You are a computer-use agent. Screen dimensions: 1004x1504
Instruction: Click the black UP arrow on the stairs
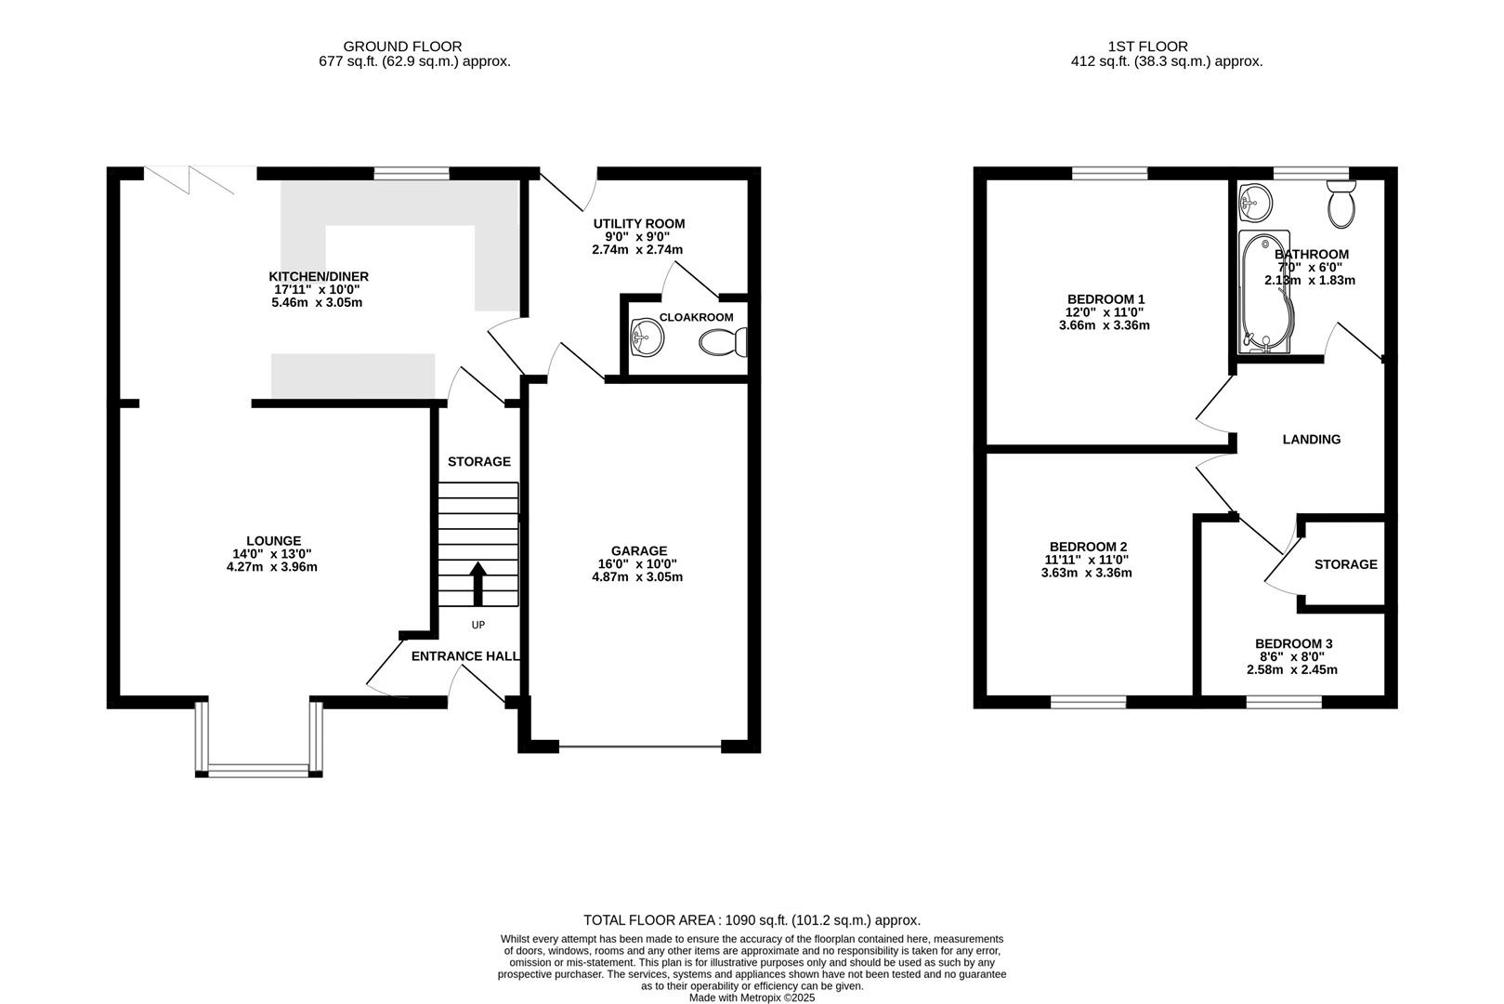[479, 584]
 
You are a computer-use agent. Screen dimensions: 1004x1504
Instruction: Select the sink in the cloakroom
[646, 337]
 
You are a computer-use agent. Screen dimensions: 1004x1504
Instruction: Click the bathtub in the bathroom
[1265, 293]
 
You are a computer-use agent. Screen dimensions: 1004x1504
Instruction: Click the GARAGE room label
[638, 551]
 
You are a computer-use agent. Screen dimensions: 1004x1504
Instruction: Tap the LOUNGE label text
[273, 541]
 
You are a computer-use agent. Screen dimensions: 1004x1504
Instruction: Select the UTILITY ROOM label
[639, 224]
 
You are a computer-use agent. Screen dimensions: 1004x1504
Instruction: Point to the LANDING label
[1311, 440]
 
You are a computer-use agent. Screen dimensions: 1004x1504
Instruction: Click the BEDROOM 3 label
[1293, 644]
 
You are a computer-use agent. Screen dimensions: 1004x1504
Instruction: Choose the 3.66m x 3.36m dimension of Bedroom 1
[1104, 325]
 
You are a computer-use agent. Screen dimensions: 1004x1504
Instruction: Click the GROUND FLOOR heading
[402, 46]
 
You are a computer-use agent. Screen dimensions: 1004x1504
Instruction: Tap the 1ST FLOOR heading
[1147, 46]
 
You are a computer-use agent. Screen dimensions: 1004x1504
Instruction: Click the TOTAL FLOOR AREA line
[752, 920]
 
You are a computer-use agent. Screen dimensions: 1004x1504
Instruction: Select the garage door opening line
[639, 746]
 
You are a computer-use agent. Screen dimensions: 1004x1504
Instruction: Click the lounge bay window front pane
[258, 769]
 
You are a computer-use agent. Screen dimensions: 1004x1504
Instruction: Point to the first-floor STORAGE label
[1345, 564]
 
